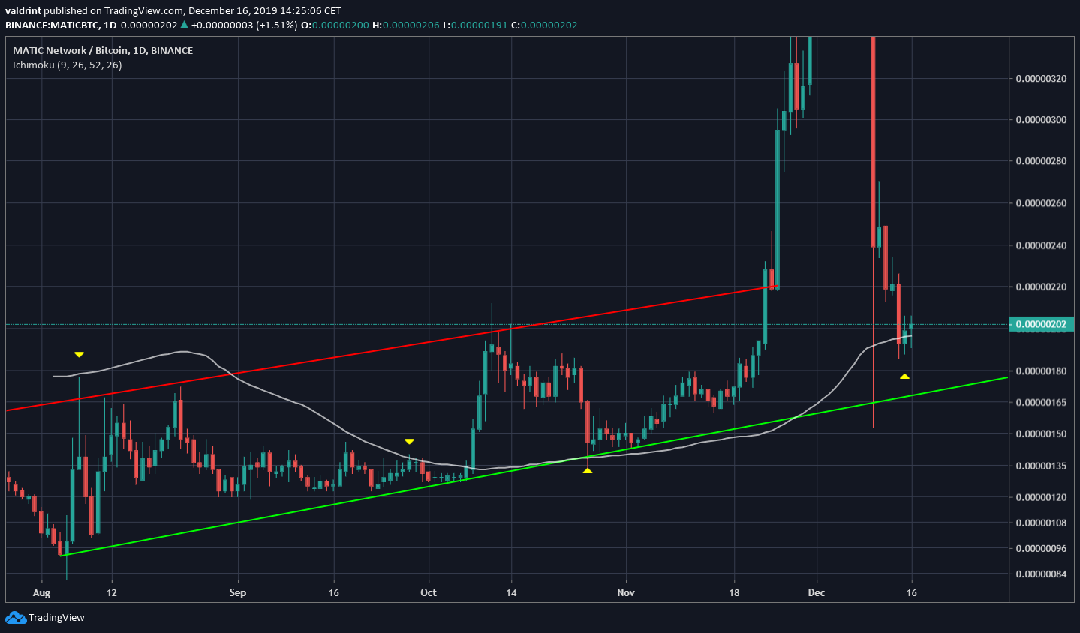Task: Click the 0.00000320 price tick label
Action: point(1039,78)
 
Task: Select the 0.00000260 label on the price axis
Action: point(1039,203)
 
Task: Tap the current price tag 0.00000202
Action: point(1040,324)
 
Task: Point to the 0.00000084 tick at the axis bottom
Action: point(1039,574)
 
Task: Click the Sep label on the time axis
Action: point(237,592)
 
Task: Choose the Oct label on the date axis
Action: point(428,592)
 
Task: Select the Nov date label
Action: point(626,592)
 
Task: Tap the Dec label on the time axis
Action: point(816,592)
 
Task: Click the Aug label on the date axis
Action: point(41,592)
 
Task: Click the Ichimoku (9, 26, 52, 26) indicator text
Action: point(67,65)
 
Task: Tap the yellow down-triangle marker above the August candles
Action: point(79,354)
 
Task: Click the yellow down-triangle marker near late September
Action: point(409,441)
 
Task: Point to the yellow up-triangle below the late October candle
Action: point(588,470)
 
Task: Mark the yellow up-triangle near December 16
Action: point(905,376)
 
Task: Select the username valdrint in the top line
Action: point(23,10)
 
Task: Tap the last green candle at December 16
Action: point(911,326)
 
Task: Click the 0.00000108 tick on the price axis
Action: point(1039,523)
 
